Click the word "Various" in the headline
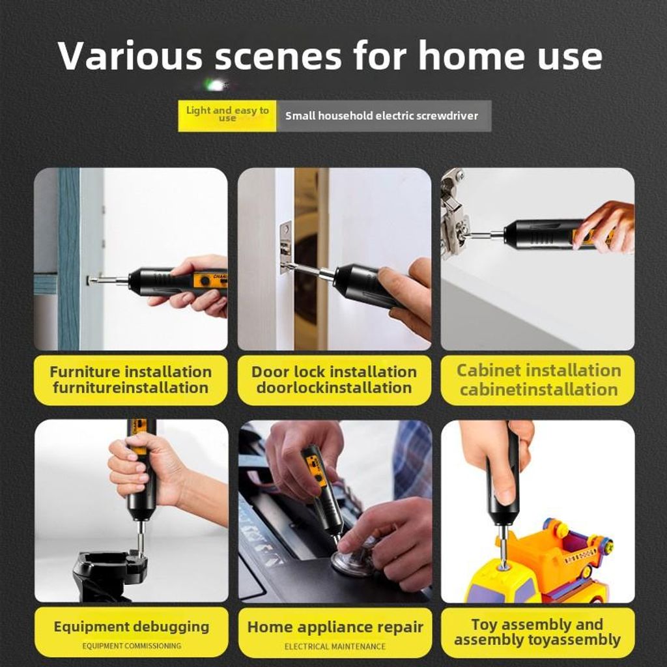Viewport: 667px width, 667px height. coord(130,55)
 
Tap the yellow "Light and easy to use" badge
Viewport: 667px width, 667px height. coord(227,116)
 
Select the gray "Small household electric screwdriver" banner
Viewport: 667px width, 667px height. coord(384,116)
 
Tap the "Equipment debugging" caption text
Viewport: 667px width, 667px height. coord(132,627)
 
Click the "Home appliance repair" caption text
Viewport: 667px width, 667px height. coord(335,627)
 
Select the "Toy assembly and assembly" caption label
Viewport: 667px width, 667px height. coord(538,632)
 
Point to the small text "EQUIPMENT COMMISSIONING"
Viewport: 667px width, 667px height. coord(132,646)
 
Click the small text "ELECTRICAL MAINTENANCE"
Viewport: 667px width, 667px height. coord(335,647)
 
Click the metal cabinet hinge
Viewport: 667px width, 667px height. coord(454,213)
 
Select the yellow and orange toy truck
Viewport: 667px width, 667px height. coord(543,561)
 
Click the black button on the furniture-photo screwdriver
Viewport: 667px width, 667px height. coord(205,281)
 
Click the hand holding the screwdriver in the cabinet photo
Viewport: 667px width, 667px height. coord(604,226)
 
